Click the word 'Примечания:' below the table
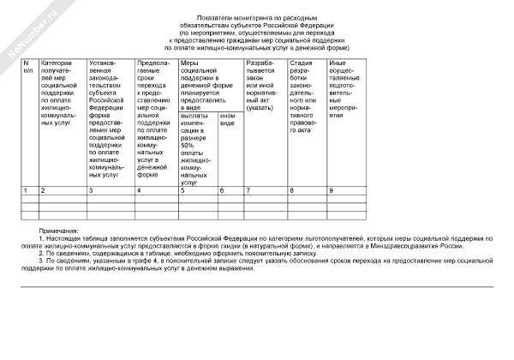59,231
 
